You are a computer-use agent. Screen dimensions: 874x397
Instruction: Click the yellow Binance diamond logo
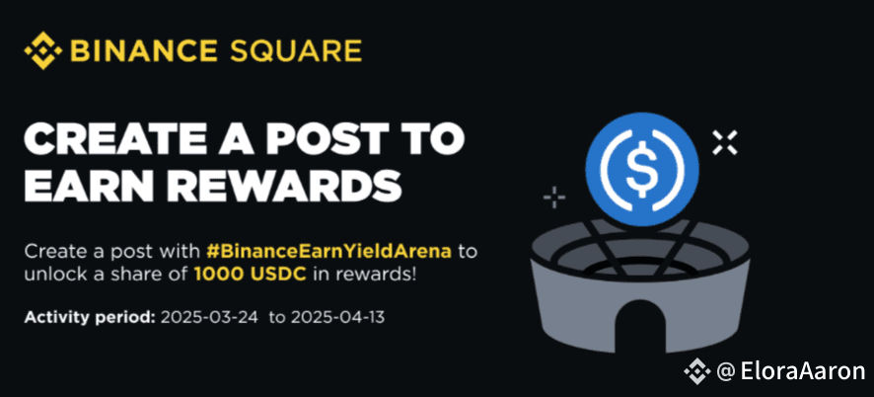[43, 50]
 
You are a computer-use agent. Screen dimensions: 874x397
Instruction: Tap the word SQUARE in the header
[296, 50]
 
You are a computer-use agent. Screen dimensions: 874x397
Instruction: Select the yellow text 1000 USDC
[251, 276]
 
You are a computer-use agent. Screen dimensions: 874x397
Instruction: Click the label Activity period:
[89, 318]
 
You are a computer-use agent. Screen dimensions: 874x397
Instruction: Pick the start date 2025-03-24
[209, 318]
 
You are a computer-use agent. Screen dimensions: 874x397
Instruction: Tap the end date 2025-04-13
[337, 318]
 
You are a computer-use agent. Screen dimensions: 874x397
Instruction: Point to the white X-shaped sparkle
[725, 142]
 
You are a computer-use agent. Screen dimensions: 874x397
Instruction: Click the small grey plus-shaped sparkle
[554, 198]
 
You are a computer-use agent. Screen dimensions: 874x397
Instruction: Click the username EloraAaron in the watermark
[803, 371]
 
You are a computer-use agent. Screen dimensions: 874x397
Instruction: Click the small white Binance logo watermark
[697, 371]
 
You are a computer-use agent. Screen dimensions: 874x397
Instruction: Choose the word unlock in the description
[51, 276]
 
